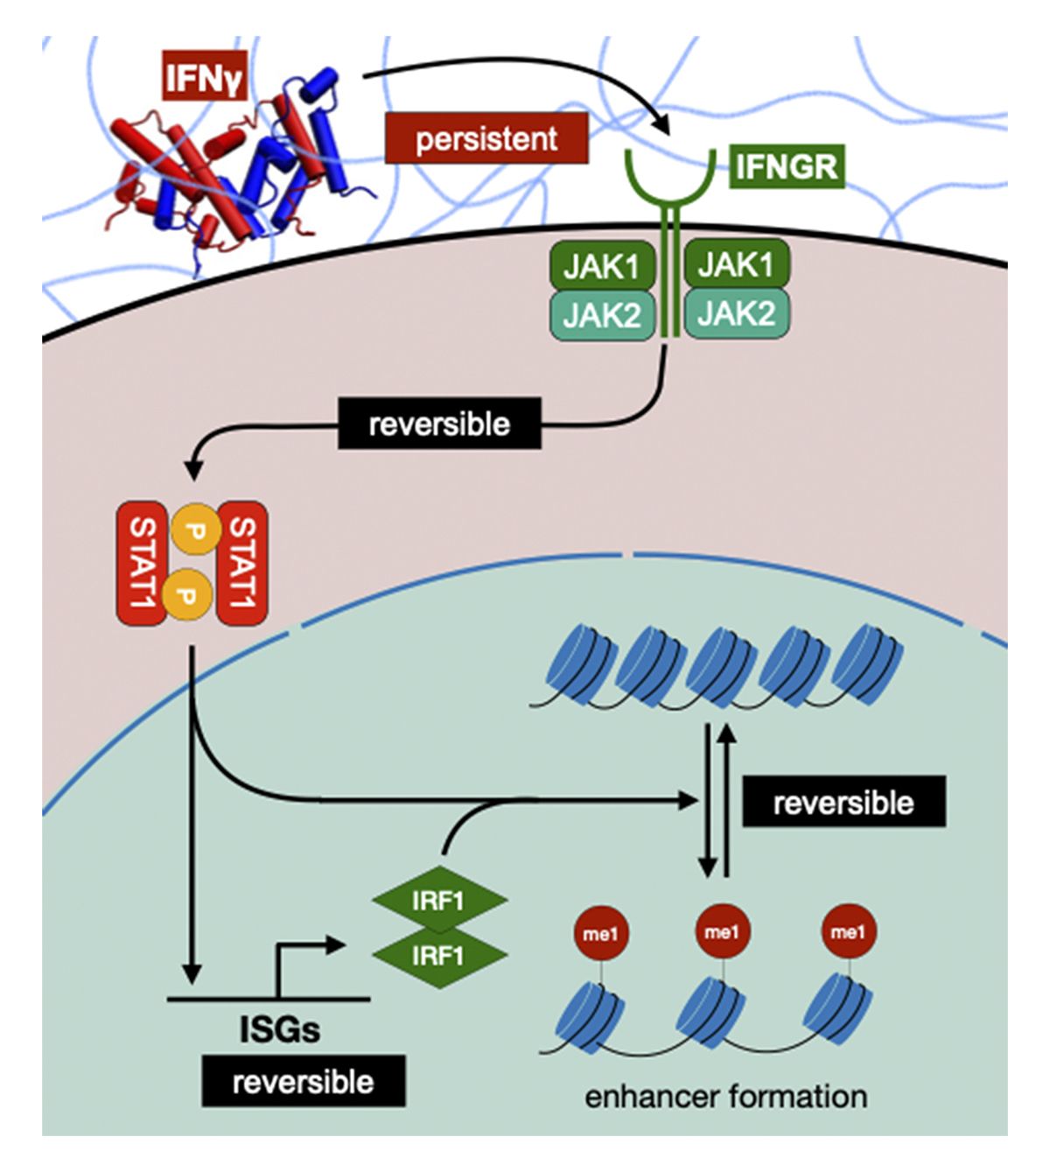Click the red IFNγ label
click(x=204, y=76)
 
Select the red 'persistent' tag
click(x=486, y=138)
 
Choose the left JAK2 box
click(x=602, y=315)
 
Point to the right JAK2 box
click(x=736, y=313)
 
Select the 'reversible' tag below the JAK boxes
click(x=439, y=425)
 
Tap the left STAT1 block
click(x=142, y=563)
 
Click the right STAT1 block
click(x=242, y=563)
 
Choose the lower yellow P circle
click(x=185, y=593)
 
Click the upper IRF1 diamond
click(x=439, y=901)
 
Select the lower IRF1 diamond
click(x=439, y=955)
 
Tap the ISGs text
click(x=280, y=1029)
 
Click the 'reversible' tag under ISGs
click(x=303, y=1082)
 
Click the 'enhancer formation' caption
click(x=725, y=1096)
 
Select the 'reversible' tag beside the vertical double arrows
click(x=843, y=802)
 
